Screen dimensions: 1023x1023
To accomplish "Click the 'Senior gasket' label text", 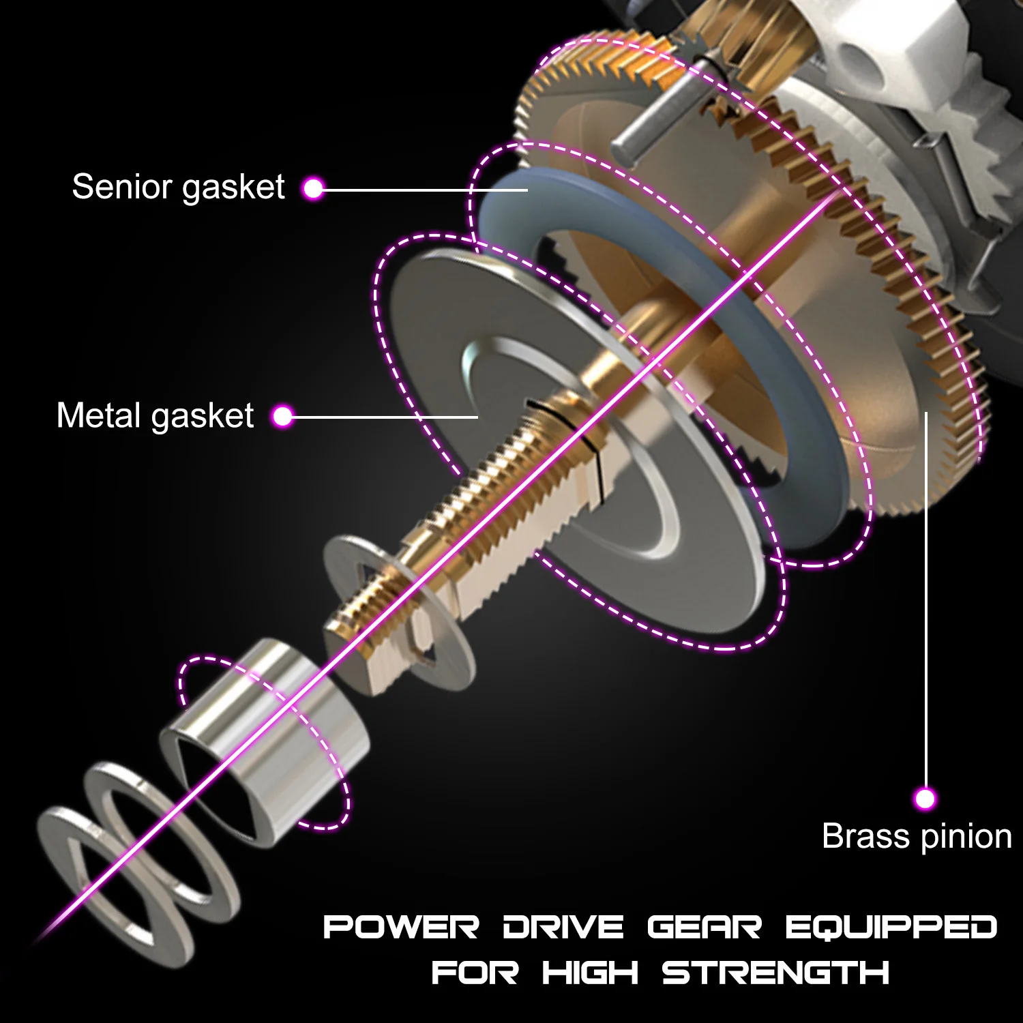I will [x=178, y=186].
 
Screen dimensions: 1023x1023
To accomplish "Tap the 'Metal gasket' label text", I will [x=155, y=415].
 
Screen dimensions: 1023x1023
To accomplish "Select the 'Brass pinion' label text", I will [x=917, y=836].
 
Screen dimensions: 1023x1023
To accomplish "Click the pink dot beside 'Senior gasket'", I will [x=313, y=188].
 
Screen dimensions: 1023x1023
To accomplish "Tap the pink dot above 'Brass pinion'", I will [x=925, y=798].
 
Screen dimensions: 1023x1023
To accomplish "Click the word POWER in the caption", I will [x=401, y=928].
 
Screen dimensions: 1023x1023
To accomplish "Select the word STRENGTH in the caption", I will [x=775, y=972].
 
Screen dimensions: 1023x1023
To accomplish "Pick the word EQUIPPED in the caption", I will [x=891, y=928].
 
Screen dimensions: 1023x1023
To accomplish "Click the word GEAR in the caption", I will [x=704, y=928].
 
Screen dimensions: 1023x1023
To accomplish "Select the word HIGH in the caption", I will [x=590, y=972].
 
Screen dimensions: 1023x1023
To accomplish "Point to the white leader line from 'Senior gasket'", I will [x=423, y=189].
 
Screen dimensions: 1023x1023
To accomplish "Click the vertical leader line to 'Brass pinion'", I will [x=925, y=600].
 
